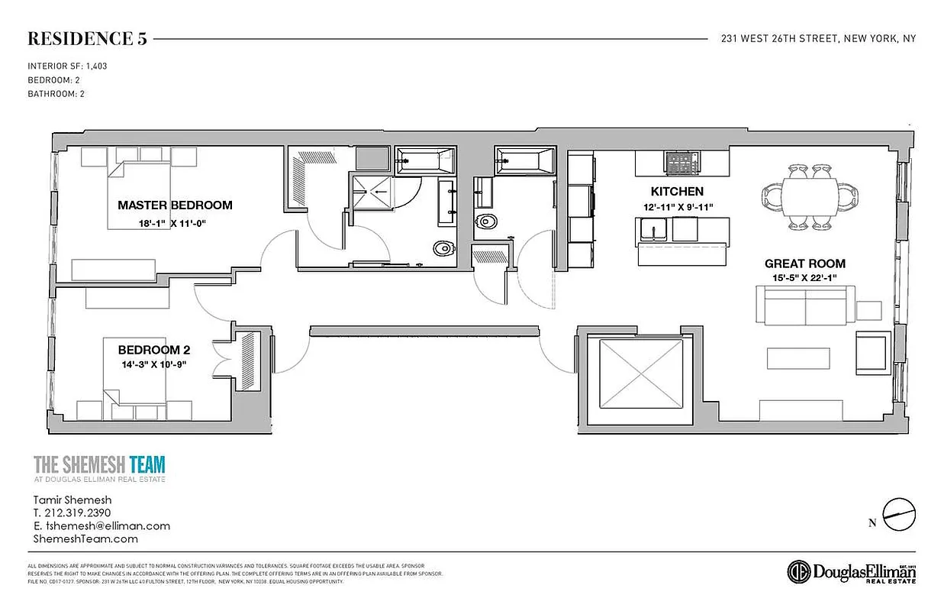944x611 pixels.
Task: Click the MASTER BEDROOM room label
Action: click(175, 205)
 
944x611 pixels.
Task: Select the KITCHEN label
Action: click(677, 191)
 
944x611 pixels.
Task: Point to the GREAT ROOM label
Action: click(805, 263)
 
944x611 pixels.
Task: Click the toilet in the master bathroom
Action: click(442, 248)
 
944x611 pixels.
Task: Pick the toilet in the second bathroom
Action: click(486, 222)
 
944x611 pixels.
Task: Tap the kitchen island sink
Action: click(653, 229)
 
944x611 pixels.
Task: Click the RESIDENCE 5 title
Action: click(87, 39)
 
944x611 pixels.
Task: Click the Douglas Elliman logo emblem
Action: click(799, 571)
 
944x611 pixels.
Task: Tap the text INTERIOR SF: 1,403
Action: click(67, 66)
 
